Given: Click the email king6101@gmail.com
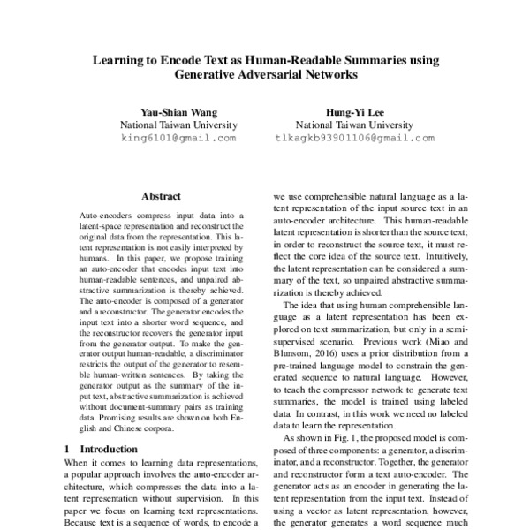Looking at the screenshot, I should coord(178,138).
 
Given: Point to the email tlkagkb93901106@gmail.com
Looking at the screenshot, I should coord(355,138).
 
